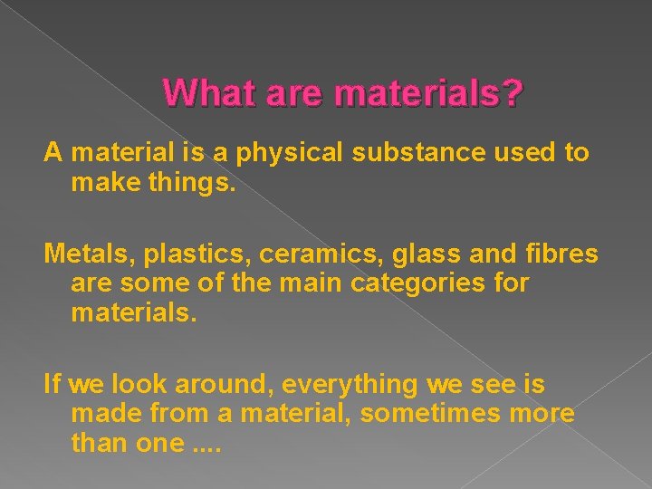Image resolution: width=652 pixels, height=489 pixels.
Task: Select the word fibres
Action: [558, 254]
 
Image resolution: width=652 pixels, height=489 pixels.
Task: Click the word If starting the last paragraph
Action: [52, 384]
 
